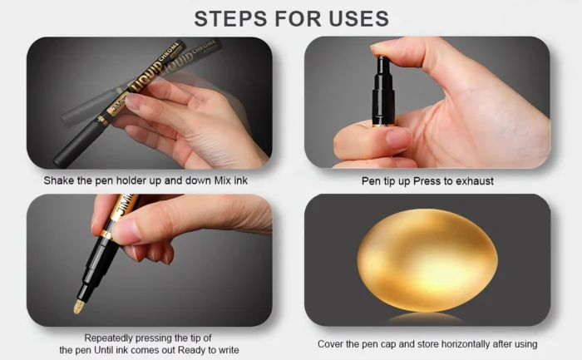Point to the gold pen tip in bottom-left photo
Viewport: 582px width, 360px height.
[78, 306]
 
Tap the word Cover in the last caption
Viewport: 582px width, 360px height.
[332, 343]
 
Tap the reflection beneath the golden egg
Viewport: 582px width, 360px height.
[427, 318]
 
